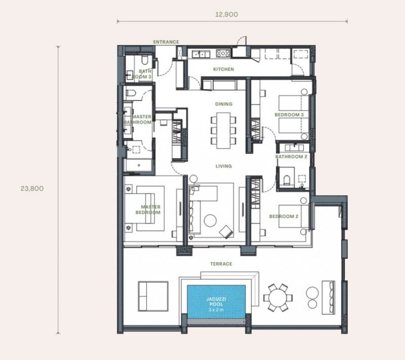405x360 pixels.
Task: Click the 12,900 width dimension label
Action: pos(226,14)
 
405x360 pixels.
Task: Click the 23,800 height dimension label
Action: pos(32,189)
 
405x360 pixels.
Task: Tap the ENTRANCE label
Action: pos(166,42)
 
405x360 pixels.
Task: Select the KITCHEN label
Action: pos(223,69)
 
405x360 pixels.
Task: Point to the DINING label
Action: pos(223,104)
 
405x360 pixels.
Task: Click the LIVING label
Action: pos(223,166)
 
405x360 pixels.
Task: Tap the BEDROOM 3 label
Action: pos(289,115)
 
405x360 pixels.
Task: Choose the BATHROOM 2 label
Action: pos(291,157)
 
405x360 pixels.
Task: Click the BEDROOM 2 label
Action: pos(284,216)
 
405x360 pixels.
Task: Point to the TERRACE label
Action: pos(221,264)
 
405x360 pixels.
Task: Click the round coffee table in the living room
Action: pos(210,220)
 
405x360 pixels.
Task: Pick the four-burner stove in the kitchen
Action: pos(223,54)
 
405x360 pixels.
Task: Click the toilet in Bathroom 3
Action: pos(144,60)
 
